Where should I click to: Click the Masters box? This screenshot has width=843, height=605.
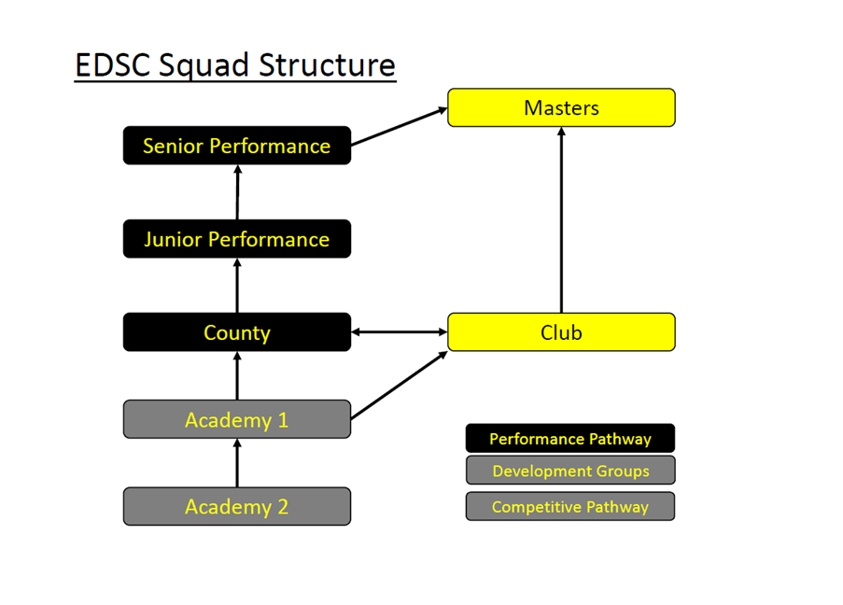tap(561, 107)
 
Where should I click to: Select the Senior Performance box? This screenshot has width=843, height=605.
tap(237, 146)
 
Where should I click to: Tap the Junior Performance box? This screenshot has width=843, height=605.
tap(237, 239)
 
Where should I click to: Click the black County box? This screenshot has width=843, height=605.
tap(237, 332)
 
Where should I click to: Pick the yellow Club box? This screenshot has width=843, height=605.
tap(561, 332)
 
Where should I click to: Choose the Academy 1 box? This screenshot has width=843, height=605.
tap(237, 419)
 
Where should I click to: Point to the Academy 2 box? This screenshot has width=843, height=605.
tap(237, 506)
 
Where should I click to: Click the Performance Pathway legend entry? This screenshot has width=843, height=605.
tap(569, 438)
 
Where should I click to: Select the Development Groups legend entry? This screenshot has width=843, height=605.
tap(569, 471)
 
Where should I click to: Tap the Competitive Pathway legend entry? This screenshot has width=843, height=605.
tap(569, 507)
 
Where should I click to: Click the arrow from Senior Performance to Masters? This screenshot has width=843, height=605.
tap(400, 126)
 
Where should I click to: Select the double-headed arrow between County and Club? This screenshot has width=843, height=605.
tap(400, 331)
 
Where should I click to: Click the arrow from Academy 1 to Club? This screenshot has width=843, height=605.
tap(400, 385)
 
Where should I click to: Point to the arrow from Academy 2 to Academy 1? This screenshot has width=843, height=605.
tap(237, 463)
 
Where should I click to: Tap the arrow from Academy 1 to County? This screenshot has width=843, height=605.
tap(237, 376)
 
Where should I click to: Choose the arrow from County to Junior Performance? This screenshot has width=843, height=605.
tap(237, 286)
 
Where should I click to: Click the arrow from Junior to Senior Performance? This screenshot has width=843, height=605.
tap(237, 192)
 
